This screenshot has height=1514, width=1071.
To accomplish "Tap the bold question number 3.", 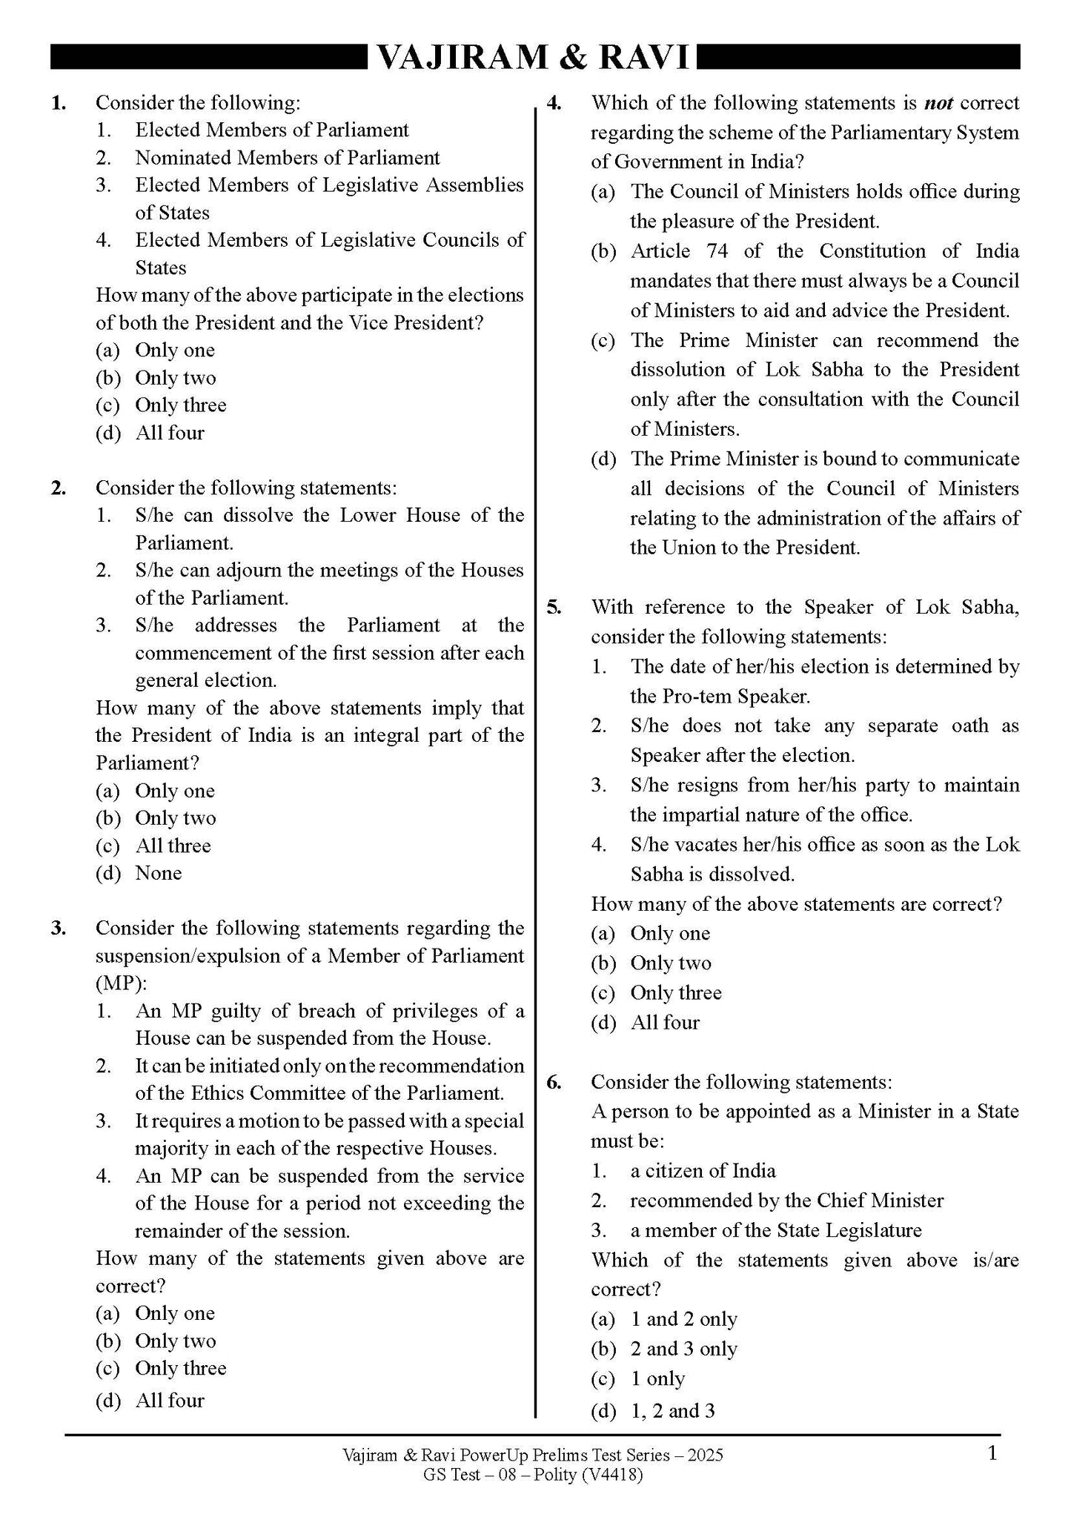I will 59,929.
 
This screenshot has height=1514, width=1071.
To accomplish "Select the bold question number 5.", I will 554,608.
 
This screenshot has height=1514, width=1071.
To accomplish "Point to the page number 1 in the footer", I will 992,1454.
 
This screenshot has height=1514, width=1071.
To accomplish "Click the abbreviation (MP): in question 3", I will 122,983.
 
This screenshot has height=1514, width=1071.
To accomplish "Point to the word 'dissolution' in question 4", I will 677,370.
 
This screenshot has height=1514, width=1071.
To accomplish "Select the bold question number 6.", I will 554,1082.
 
